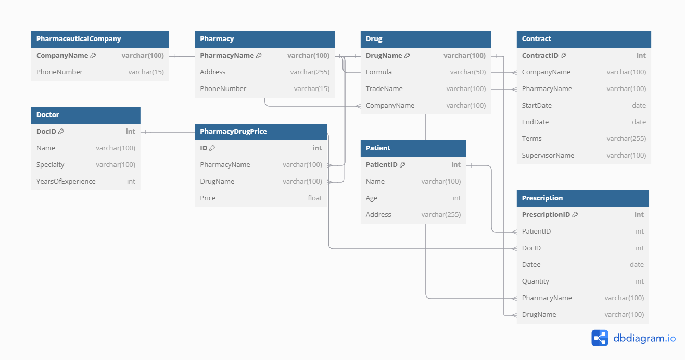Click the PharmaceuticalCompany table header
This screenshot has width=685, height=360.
(x=79, y=39)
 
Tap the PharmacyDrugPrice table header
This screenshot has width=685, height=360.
(x=233, y=132)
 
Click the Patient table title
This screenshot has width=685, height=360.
(x=378, y=148)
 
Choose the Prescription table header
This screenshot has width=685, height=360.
(x=542, y=198)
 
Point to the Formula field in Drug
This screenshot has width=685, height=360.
(x=379, y=72)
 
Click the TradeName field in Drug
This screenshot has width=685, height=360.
(x=384, y=89)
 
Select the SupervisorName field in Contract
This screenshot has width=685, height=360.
(x=548, y=156)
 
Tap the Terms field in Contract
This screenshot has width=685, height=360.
(x=531, y=139)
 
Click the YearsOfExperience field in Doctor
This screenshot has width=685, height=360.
(x=66, y=182)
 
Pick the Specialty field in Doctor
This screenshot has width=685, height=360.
(x=50, y=165)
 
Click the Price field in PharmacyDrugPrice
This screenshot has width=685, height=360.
(x=208, y=198)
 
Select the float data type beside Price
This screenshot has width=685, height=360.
(x=315, y=198)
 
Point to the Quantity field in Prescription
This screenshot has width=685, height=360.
(x=536, y=281)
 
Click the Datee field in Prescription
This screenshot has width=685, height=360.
(x=531, y=265)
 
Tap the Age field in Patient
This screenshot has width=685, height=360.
(x=372, y=198)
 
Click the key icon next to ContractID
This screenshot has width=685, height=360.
(x=563, y=56)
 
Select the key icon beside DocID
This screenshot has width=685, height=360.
(x=61, y=132)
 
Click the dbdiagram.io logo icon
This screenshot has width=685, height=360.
(x=600, y=338)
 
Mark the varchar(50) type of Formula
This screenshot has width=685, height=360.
(x=468, y=72)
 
